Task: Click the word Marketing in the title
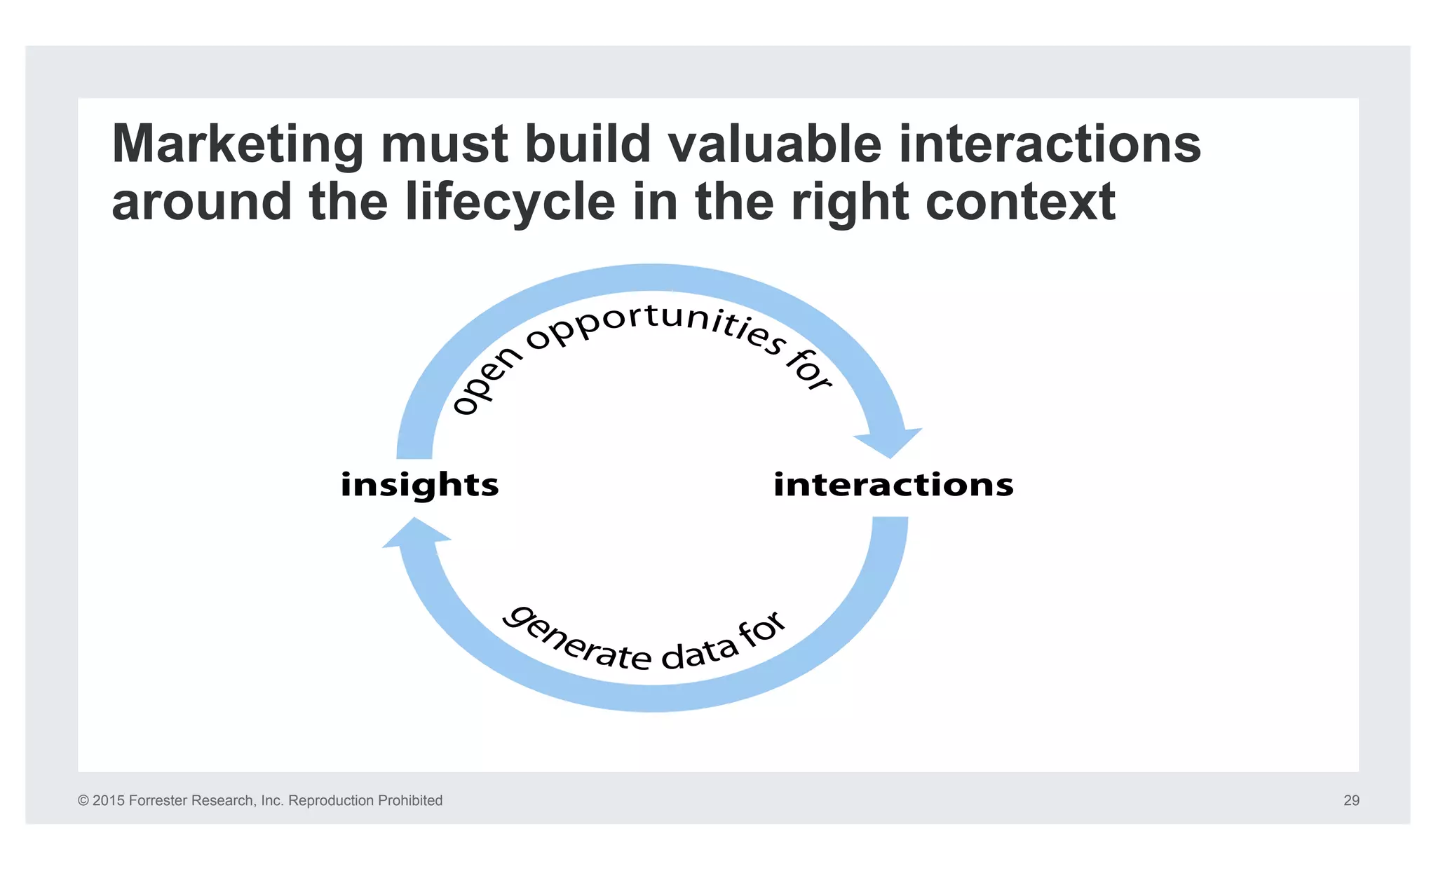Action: [238, 145]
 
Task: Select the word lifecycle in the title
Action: [510, 202]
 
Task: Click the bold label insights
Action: [419, 485]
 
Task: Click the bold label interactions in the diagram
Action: [893, 485]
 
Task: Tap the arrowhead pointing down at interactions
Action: [889, 443]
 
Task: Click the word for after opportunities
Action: [808, 369]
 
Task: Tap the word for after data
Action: [762, 628]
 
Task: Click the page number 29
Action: [1351, 800]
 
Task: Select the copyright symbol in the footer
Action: [83, 800]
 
